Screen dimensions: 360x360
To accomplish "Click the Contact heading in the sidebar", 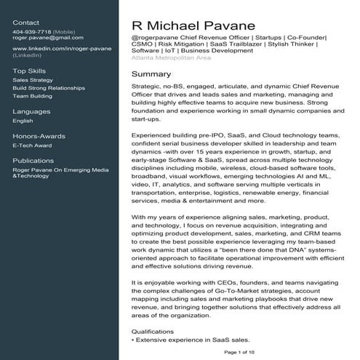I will pyautogui.click(x=26, y=23).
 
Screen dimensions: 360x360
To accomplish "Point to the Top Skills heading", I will pyautogui.click(x=28, y=70).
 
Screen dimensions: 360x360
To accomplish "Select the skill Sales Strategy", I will pyautogui.click(x=33, y=79).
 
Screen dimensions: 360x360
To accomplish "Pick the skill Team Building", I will pyautogui.click(x=32, y=95).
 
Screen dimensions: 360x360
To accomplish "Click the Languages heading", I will pyautogui.click(x=31, y=111).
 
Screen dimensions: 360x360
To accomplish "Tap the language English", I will pyautogui.click(x=23, y=121).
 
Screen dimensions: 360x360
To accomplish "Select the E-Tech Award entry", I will pyautogui.click(x=32, y=145).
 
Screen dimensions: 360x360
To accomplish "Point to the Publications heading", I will pyautogui.click(x=33, y=161).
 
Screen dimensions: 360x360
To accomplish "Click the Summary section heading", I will pyautogui.click(x=151, y=74).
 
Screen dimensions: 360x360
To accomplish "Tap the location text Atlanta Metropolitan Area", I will pyautogui.click(x=172, y=57).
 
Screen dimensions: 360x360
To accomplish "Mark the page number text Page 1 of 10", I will pyautogui.click(x=240, y=352).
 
